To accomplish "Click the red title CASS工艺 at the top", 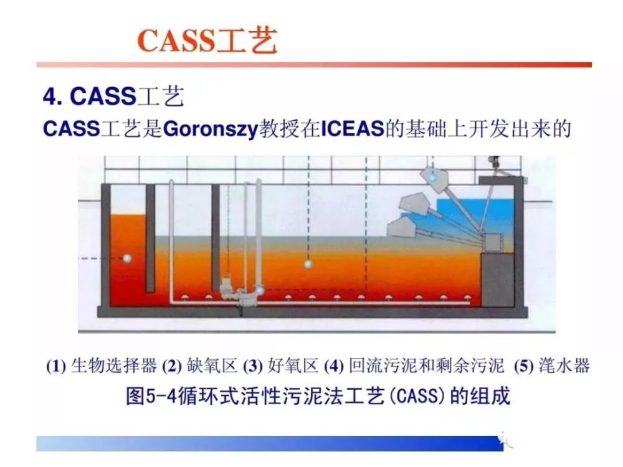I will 207,40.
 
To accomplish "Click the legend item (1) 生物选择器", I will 102,366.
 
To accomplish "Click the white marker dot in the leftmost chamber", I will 127,258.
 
